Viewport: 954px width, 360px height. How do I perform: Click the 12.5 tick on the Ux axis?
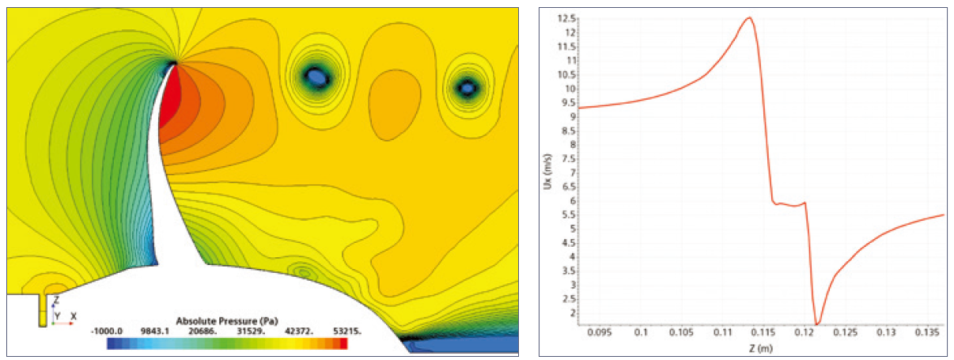566,18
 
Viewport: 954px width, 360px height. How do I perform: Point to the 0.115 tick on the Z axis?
763,332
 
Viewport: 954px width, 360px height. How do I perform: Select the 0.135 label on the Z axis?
927,332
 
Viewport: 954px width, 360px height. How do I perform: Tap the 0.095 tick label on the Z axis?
600,332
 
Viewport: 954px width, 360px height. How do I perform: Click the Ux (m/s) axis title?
548,172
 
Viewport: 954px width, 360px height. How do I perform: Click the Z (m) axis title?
761,348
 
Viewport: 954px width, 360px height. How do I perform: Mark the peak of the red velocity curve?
749,17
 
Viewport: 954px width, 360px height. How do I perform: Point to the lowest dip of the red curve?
817,324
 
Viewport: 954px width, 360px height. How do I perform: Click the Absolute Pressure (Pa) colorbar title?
227,320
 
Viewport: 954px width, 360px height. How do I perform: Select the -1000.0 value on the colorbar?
107,331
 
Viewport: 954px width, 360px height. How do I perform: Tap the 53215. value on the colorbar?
347,331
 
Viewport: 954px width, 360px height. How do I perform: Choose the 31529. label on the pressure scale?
251,331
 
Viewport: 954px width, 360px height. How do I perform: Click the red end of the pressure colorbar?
343,343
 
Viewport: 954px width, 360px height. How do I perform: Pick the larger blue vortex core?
316,77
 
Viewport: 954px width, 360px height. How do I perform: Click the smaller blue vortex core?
468,88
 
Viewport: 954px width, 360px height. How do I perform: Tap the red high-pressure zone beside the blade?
169,100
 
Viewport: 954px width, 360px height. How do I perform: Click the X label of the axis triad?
74,316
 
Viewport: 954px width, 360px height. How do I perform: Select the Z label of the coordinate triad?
56,300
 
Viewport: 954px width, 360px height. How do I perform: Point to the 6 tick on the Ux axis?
573,201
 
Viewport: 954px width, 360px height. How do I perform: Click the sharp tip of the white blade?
174,64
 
